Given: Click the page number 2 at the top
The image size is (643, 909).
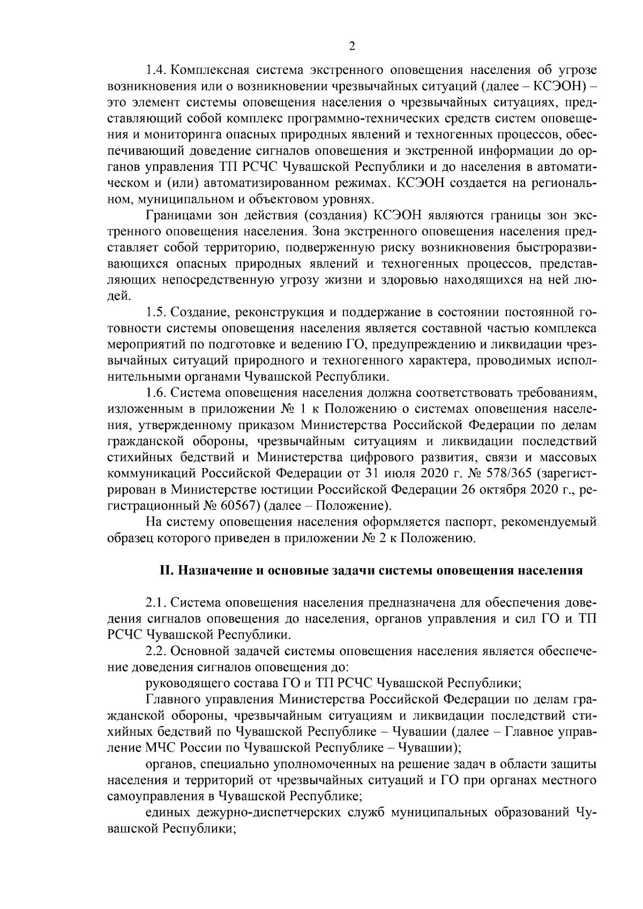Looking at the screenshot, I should click(352, 47).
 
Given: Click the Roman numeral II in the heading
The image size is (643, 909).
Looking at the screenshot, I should click(165, 570).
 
